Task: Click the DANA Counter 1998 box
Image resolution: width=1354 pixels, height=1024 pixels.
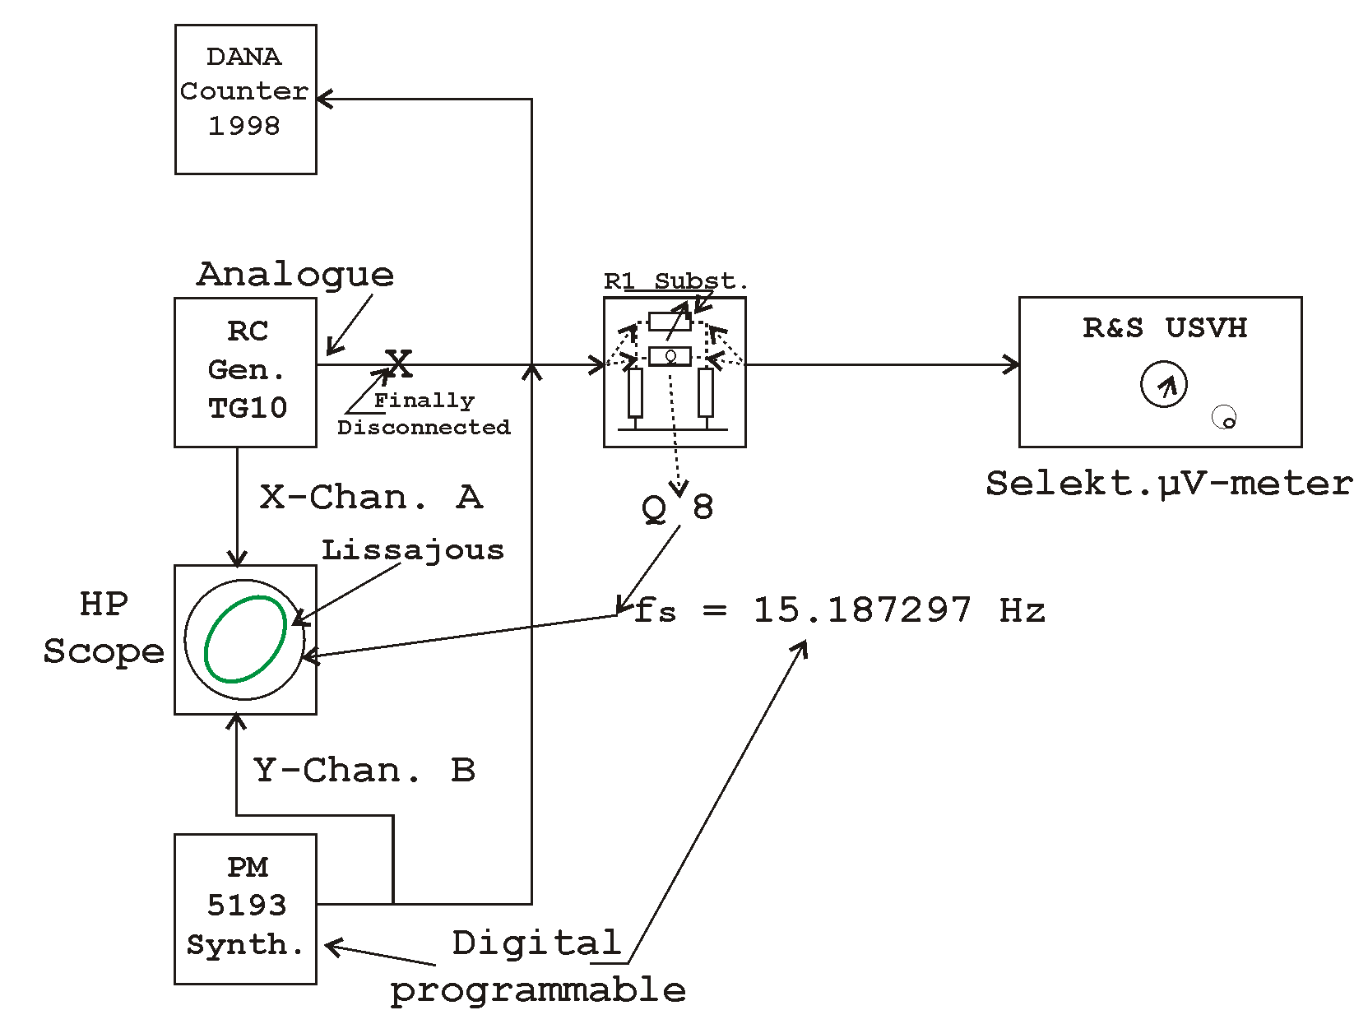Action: (x=245, y=100)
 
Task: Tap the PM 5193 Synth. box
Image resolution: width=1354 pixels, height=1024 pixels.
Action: (x=245, y=908)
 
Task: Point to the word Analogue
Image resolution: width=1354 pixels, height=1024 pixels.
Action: (x=295, y=274)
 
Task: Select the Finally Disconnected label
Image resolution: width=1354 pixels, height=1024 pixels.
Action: (x=424, y=414)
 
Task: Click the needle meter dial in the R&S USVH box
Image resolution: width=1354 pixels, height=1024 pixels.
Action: (x=1163, y=384)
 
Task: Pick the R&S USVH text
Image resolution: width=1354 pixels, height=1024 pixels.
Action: (x=1164, y=328)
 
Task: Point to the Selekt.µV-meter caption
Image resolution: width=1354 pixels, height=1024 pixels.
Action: (x=1168, y=484)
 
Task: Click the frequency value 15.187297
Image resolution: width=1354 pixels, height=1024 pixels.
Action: (x=862, y=610)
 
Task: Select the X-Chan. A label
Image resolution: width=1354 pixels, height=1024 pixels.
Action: (x=371, y=498)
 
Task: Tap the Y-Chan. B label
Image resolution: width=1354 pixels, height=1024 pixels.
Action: (x=364, y=771)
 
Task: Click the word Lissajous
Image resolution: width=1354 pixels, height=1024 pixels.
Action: (x=412, y=549)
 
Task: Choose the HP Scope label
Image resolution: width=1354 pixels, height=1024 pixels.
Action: (x=104, y=628)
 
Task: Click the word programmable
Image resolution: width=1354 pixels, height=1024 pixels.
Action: (x=538, y=990)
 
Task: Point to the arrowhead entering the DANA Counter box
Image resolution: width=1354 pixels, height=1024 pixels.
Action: (x=323, y=100)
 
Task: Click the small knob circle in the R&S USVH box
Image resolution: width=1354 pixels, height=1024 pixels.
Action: (x=1225, y=418)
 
